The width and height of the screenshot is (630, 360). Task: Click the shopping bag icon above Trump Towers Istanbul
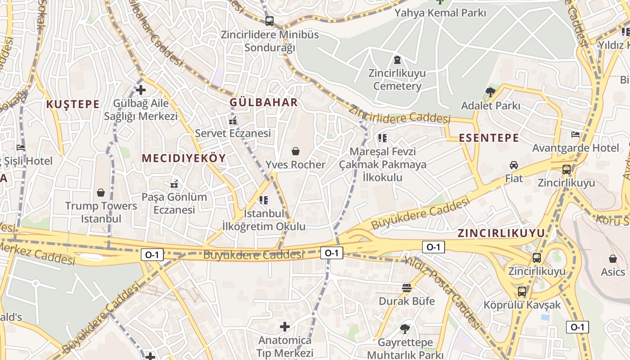[101, 193]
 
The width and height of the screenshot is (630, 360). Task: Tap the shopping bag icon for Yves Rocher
[296, 151]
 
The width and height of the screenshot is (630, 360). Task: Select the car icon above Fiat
[514, 165]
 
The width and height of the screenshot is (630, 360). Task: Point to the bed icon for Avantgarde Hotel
[576, 134]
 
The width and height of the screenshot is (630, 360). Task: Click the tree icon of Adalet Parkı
[490, 92]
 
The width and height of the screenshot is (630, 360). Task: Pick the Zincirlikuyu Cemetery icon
[397, 59]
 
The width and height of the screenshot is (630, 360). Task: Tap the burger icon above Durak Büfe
[407, 288]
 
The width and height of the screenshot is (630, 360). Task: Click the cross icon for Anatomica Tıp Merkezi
[284, 326]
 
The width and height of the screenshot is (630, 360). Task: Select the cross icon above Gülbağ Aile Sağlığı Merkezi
[141, 90]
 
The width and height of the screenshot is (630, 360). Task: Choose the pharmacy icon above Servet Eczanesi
[233, 121]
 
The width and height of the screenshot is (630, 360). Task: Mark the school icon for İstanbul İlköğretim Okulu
[264, 200]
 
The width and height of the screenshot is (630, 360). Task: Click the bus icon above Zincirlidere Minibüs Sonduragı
[270, 21]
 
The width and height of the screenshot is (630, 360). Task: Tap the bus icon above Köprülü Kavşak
[522, 291]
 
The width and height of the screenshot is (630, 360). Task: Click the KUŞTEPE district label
[72, 104]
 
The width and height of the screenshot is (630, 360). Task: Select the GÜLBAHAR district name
[264, 102]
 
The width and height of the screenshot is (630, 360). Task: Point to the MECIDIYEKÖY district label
[184, 158]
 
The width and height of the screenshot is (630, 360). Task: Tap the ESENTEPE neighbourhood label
[489, 138]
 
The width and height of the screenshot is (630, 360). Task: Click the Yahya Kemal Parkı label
[440, 13]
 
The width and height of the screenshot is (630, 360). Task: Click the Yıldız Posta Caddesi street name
[443, 290]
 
